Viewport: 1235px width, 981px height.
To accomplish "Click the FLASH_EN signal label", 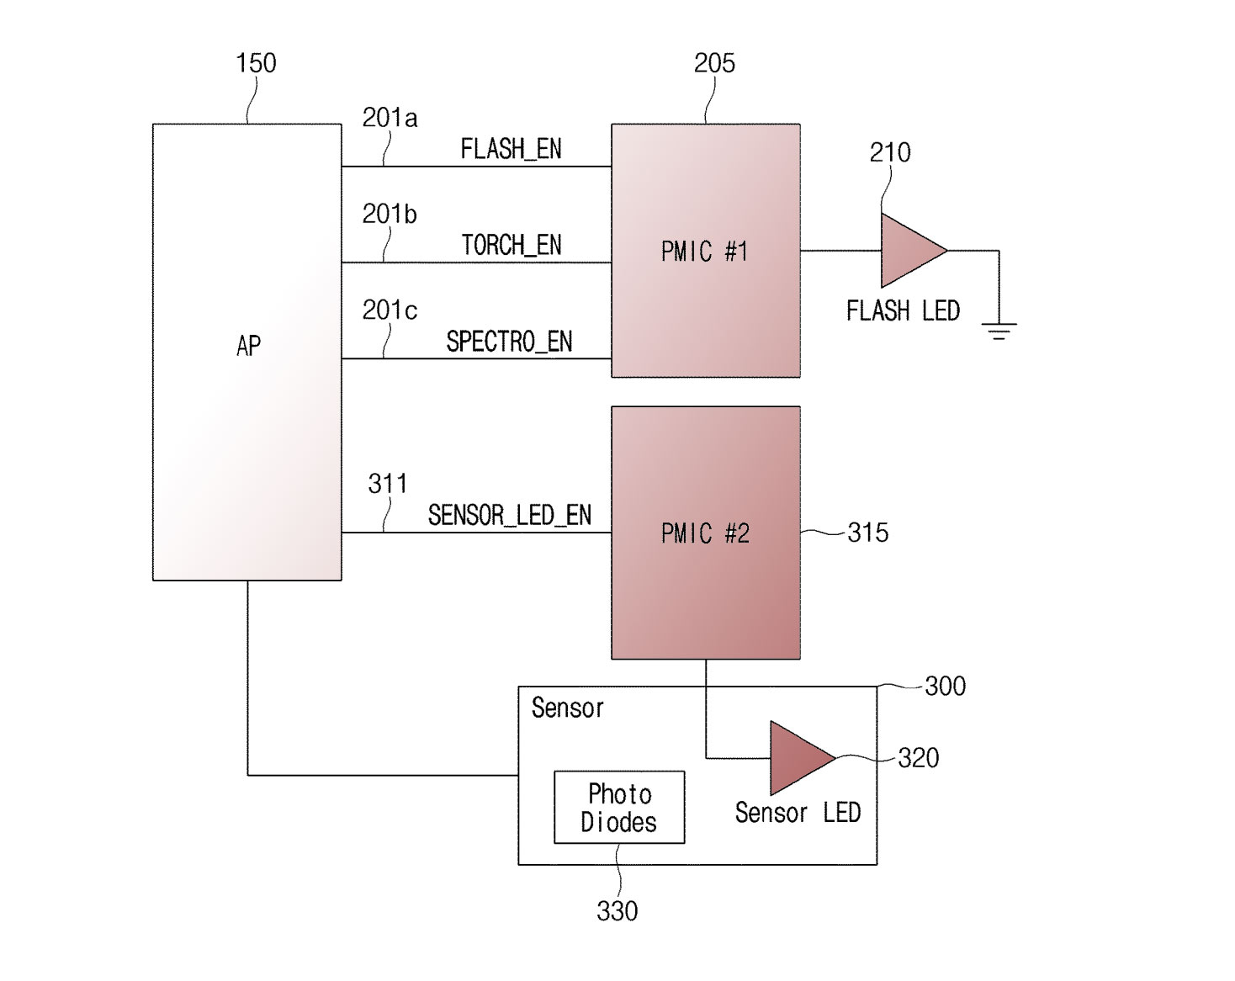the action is pyautogui.click(x=511, y=149).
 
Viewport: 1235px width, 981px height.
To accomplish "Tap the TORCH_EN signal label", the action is pyautogui.click(x=511, y=245).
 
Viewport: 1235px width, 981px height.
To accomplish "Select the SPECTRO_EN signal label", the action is pyautogui.click(x=509, y=342).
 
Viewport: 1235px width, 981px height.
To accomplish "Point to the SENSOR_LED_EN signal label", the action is pyautogui.click(x=510, y=515).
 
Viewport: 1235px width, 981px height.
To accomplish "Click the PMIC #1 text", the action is pyautogui.click(x=705, y=252).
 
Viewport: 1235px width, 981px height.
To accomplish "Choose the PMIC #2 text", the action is pyautogui.click(x=705, y=533).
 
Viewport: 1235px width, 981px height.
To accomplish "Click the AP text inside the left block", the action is pyautogui.click(x=248, y=346).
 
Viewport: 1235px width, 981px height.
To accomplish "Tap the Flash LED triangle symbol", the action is pyautogui.click(x=914, y=250).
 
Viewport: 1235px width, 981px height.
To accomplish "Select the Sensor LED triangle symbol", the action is pyautogui.click(x=803, y=758).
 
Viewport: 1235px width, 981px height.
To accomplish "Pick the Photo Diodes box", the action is pyautogui.click(x=619, y=807).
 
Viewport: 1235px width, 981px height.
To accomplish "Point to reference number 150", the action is pyautogui.click(x=256, y=63).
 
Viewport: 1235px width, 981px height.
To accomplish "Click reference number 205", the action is pyautogui.click(x=714, y=63).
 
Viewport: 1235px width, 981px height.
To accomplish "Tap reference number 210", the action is pyautogui.click(x=890, y=152).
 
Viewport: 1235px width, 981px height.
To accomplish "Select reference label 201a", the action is pyautogui.click(x=390, y=119).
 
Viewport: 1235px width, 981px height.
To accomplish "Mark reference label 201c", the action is pyautogui.click(x=390, y=310).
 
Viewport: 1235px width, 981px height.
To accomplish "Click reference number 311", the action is pyautogui.click(x=388, y=484).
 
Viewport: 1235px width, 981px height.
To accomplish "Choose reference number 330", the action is pyautogui.click(x=617, y=911).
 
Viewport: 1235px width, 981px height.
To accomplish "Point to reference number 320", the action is pyautogui.click(x=918, y=758).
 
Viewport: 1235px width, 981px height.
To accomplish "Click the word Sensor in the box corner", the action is pyautogui.click(x=568, y=708).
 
